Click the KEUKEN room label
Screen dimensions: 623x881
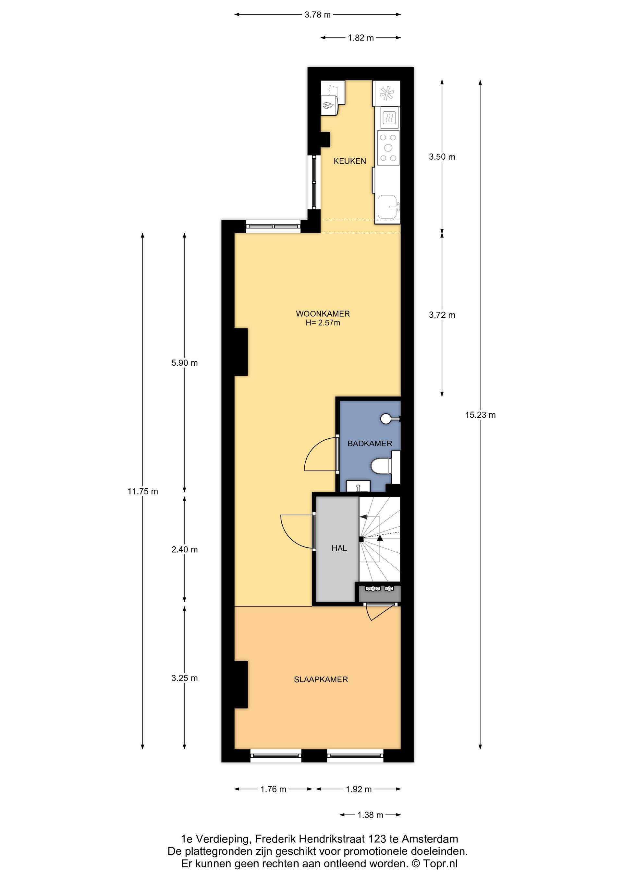pos(349,161)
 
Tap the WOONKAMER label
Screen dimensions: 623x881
pos(323,313)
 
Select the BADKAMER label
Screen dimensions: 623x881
pos(370,444)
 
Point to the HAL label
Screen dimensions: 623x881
pos(339,548)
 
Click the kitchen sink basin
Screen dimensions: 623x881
pos(387,207)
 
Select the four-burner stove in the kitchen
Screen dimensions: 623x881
pos(388,148)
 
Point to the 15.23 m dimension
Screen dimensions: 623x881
pos(480,415)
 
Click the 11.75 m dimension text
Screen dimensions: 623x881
pos(142,491)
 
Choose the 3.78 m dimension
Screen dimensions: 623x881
pos(318,15)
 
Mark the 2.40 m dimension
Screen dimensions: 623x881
pos(185,549)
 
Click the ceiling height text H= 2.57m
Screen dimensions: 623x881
pos(323,323)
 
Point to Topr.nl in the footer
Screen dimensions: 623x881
pos(440,864)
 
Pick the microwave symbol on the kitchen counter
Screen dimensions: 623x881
pos(389,117)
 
